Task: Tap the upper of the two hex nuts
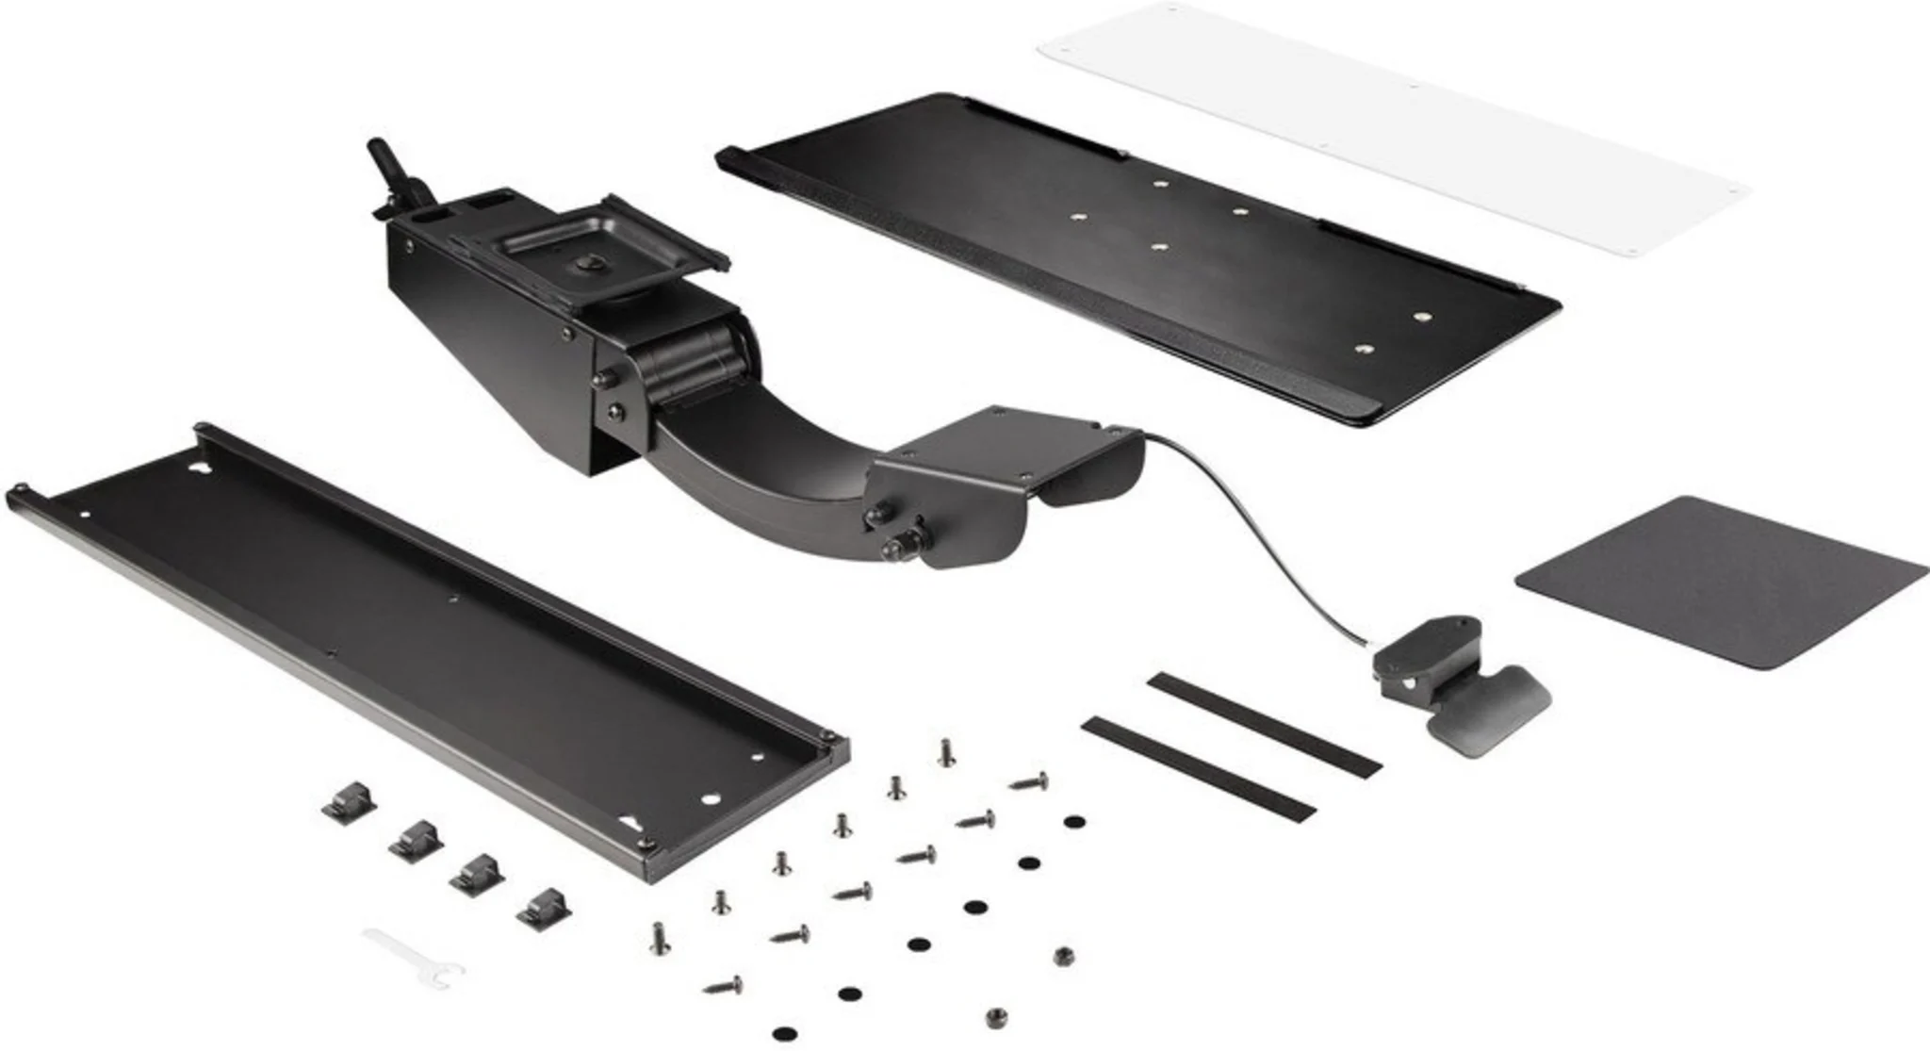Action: pyautogui.click(x=1062, y=958)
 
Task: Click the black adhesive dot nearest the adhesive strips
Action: pyautogui.click(x=1072, y=822)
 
